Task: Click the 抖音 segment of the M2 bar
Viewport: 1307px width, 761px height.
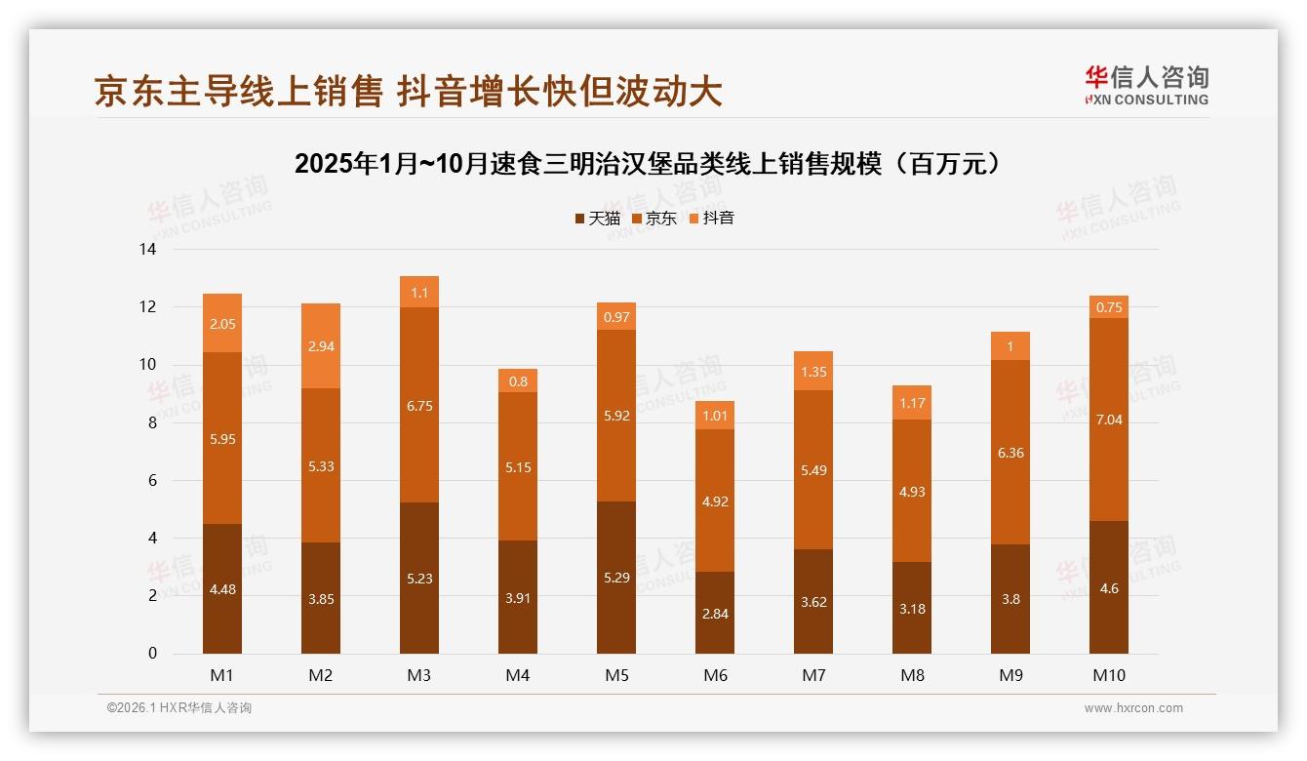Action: click(x=321, y=346)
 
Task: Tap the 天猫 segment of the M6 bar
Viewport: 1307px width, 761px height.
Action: click(x=715, y=612)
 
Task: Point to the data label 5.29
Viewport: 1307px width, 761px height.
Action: click(x=616, y=578)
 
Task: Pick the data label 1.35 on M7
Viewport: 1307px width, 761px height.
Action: click(x=813, y=371)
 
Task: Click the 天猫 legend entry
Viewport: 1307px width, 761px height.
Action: click(x=597, y=219)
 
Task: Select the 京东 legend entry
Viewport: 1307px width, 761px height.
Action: click(x=654, y=219)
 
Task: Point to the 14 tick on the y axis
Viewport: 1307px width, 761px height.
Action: click(x=147, y=250)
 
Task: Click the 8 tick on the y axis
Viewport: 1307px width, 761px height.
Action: click(x=151, y=423)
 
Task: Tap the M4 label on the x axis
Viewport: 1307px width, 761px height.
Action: click(x=518, y=675)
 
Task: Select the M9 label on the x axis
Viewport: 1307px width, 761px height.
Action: click(x=1010, y=675)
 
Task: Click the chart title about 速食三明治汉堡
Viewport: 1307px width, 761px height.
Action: click(x=650, y=163)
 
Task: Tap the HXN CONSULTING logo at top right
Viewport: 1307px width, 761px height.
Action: click(x=1146, y=86)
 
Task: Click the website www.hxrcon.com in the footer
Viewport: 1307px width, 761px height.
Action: click(x=1133, y=708)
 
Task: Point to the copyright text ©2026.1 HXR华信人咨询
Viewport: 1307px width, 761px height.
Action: click(x=179, y=708)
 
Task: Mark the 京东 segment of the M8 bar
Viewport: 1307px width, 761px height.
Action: click(x=912, y=491)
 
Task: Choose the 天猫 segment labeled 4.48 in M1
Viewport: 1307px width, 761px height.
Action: click(x=222, y=588)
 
